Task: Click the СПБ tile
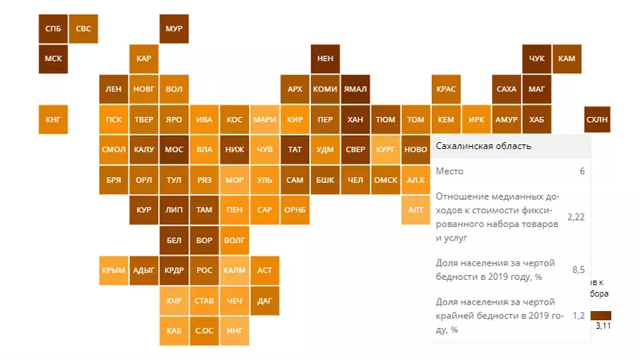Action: [53, 28]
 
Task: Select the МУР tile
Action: [174, 28]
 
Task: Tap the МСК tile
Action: [53, 59]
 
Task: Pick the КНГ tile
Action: [53, 119]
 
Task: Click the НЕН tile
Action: [325, 59]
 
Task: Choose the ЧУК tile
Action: [537, 59]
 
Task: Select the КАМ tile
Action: [566, 59]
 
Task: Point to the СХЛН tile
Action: [598, 119]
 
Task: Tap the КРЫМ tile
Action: [114, 270]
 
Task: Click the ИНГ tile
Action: [235, 330]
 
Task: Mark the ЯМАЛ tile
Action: [355, 88]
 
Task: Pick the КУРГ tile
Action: [385, 149]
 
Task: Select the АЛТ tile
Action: [416, 209]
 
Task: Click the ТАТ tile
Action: [295, 149]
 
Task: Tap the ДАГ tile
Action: [264, 301]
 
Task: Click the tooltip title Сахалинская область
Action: [482, 146]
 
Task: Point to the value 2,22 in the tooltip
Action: [574, 216]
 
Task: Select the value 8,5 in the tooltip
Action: [578, 270]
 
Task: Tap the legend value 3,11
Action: [603, 326]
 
